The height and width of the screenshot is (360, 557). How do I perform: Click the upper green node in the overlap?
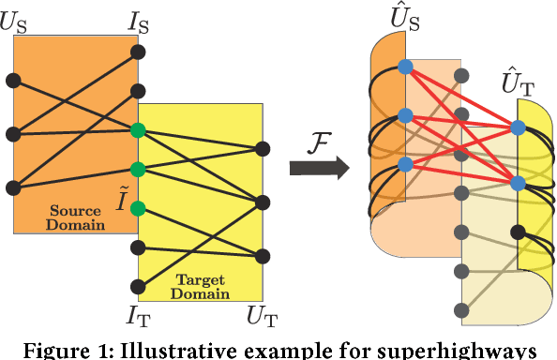point(139,130)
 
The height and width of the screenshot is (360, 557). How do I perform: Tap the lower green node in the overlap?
point(139,170)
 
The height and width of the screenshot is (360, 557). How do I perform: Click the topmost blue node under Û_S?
point(405,67)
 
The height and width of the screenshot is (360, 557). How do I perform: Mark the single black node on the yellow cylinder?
point(517,232)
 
